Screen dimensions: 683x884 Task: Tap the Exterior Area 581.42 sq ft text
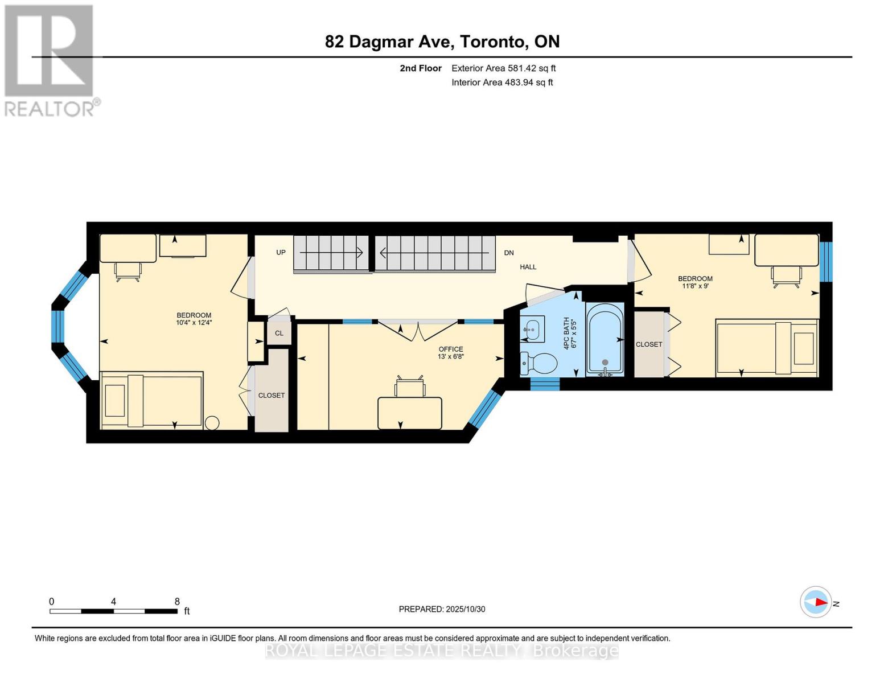pos(503,68)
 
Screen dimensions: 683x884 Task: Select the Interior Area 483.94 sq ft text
pos(502,83)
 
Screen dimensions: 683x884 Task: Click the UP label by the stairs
pos(281,252)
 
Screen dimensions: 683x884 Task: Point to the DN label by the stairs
pos(509,253)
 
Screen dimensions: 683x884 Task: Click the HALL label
pos(528,267)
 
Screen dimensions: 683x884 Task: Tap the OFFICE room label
pos(450,349)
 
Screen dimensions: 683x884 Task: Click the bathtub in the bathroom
pos(605,340)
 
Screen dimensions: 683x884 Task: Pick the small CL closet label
pos(279,333)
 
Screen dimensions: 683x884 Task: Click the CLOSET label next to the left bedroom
pos(271,396)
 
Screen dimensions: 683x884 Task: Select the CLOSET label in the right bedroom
pos(649,344)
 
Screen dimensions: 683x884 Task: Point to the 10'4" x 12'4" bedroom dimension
pos(194,323)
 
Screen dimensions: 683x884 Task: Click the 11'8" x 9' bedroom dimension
pos(695,286)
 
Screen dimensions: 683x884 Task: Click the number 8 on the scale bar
pos(177,602)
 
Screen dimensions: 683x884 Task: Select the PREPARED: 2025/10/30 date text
pos(442,609)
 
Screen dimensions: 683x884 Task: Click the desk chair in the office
pos(410,386)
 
